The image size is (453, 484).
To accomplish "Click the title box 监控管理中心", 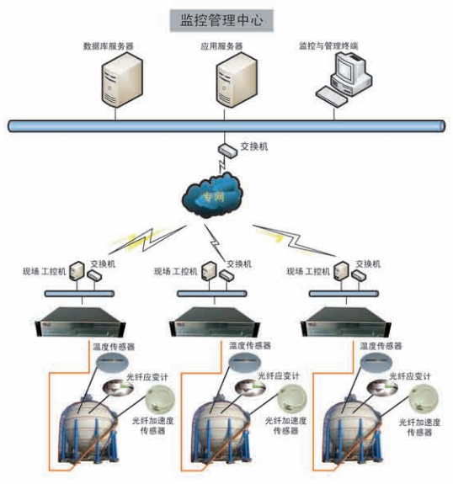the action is (x=221, y=21).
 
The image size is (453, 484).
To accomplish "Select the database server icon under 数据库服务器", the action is (x=122, y=80).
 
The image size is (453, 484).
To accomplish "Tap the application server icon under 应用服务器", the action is (x=237, y=80).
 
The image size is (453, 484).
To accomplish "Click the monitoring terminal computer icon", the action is (x=344, y=79).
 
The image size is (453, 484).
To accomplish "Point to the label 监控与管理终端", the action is (x=328, y=46).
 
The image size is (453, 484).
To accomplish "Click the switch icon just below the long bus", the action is (x=227, y=150).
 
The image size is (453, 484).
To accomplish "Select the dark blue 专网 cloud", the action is (x=213, y=195).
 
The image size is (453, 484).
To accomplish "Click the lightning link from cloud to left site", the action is (x=147, y=240).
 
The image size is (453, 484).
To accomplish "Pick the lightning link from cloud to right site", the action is (x=294, y=240).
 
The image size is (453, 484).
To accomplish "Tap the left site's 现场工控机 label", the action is (x=44, y=272).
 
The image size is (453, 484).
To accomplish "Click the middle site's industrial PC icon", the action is (x=209, y=271).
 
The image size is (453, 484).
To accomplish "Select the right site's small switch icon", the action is (x=359, y=275).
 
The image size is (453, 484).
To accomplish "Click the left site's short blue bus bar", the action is (x=80, y=294).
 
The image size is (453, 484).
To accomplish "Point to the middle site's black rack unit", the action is (x=215, y=322).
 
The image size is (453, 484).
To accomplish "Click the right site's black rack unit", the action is (x=346, y=322).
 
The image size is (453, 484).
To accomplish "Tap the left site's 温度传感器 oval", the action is (x=112, y=362).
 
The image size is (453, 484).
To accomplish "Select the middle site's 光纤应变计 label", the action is (x=279, y=376).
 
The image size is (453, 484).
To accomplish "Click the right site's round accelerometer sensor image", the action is (x=424, y=399).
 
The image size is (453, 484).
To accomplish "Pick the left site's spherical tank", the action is (x=88, y=432).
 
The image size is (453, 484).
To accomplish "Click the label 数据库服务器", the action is (x=109, y=46).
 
